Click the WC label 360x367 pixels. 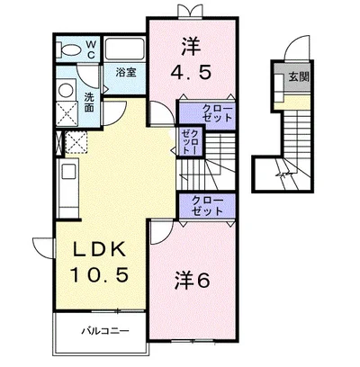(91, 48)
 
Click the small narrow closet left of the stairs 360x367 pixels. (191, 141)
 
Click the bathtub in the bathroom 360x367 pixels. (124, 48)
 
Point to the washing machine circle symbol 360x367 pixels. (66, 90)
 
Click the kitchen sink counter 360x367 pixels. (69, 180)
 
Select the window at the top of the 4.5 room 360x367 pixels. (189, 12)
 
